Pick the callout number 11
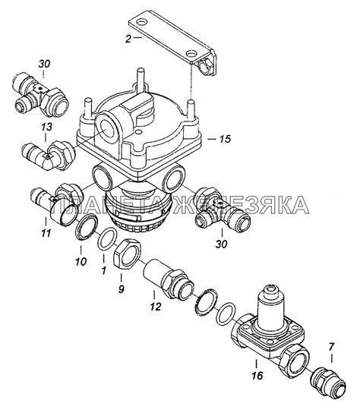point(46,233)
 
